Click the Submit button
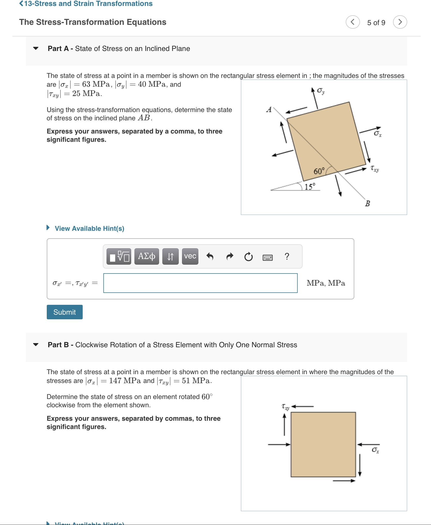click(65, 312)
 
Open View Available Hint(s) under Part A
click(89, 228)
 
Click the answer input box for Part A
click(200, 283)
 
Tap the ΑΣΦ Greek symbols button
click(147, 256)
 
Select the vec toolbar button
click(190, 256)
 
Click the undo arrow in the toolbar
click(210, 256)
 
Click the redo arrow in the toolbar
click(229, 256)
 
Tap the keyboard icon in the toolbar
click(267, 257)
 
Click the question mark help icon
click(287, 256)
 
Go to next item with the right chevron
click(400, 22)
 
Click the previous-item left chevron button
click(353, 22)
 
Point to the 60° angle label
click(319, 171)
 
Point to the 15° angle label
click(310, 186)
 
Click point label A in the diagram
click(269, 109)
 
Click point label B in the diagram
click(367, 203)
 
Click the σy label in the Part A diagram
click(321, 91)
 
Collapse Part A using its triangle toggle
click(36, 48)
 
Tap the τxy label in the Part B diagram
click(285, 407)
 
